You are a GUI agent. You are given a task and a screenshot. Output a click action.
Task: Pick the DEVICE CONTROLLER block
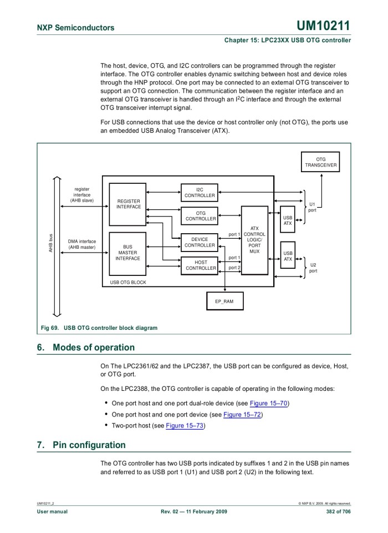(200, 242)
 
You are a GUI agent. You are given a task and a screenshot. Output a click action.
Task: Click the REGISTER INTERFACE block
(128, 204)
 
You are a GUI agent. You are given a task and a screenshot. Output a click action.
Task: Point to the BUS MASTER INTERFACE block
(127, 253)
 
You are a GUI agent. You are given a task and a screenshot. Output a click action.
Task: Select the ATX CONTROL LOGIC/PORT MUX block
(254, 240)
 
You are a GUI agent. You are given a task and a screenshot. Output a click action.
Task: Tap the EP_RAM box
(224, 301)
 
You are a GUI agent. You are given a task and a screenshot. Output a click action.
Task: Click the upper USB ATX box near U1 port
(288, 220)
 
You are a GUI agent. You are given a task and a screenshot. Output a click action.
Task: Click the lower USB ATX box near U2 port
(288, 256)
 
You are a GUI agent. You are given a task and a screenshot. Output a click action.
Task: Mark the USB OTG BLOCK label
(125, 282)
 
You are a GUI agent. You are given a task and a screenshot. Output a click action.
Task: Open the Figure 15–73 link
(185, 426)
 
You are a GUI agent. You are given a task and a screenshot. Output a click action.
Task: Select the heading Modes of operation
(93, 348)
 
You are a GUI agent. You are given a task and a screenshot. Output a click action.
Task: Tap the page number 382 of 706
(334, 511)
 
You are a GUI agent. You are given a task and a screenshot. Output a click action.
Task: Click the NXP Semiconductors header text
(75, 27)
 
